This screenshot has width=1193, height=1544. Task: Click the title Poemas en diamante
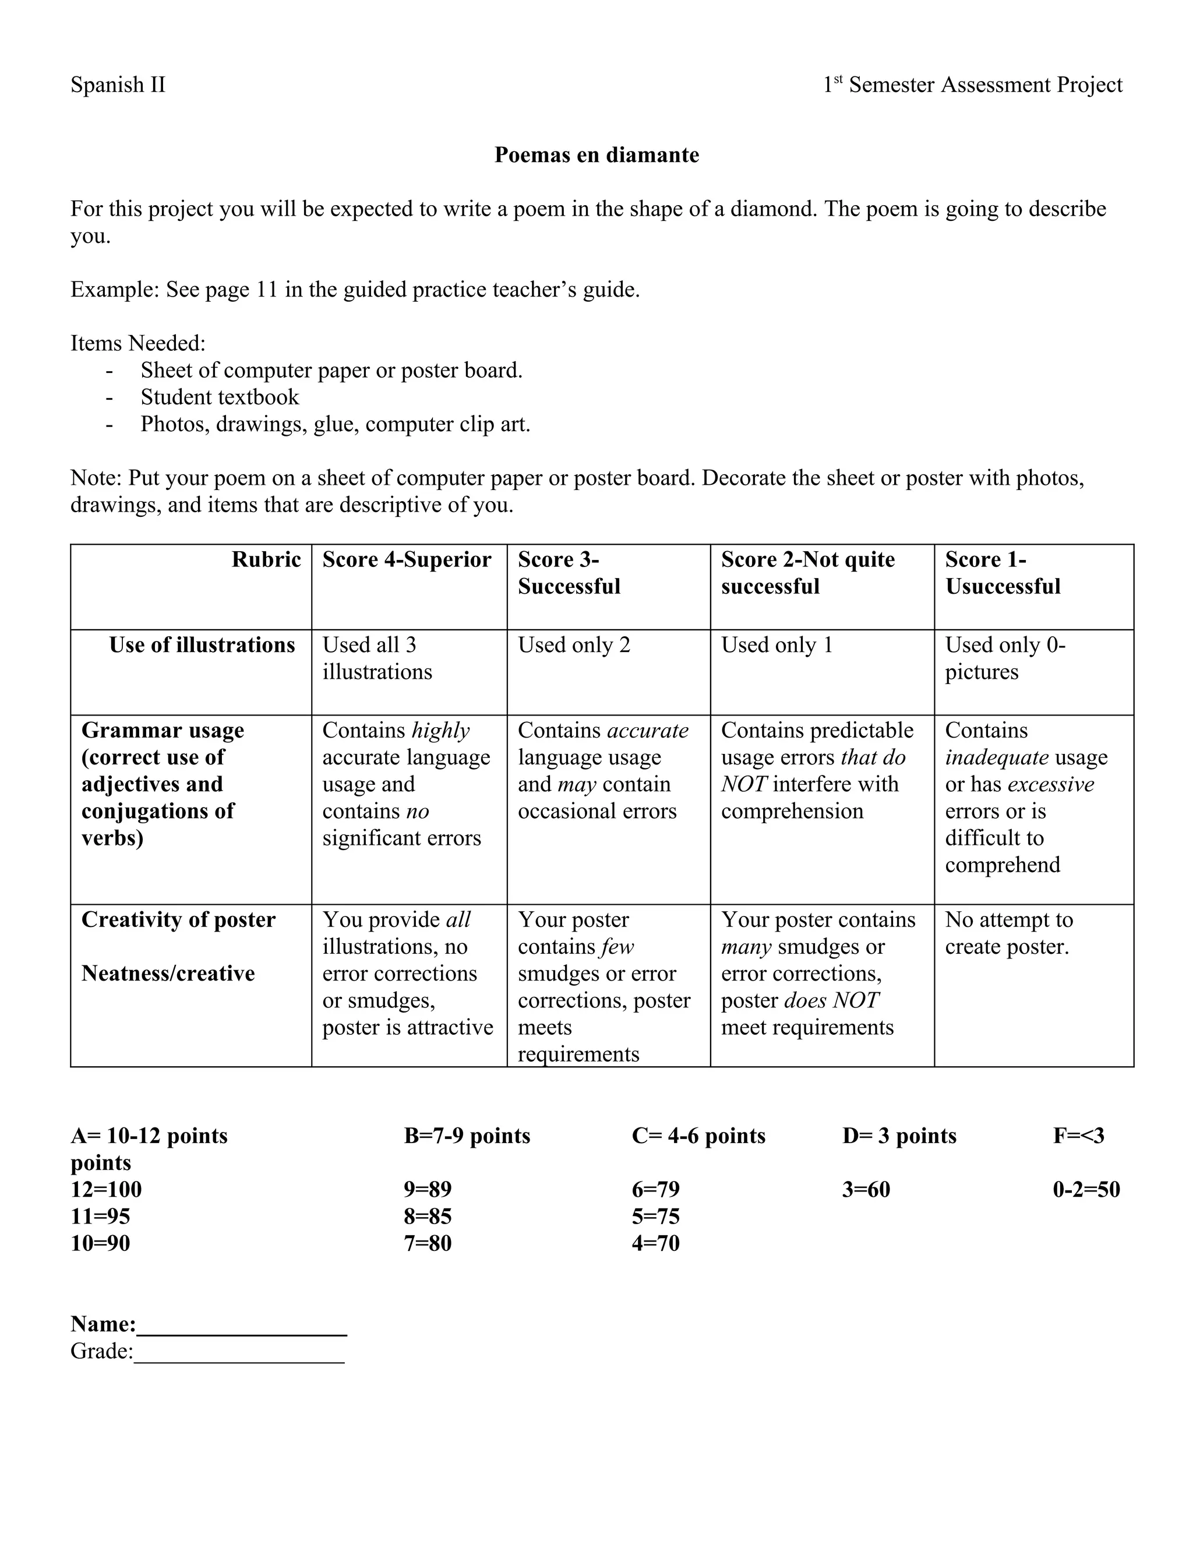click(596, 155)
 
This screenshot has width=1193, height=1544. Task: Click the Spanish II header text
click(118, 85)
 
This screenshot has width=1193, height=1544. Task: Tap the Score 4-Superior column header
click(407, 559)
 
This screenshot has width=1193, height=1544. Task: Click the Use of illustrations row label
click(202, 645)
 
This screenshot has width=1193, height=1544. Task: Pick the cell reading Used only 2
click(574, 645)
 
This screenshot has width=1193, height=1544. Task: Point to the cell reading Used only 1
click(776, 645)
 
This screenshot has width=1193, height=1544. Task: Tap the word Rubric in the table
click(266, 559)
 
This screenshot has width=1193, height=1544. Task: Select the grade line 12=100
click(106, 1189)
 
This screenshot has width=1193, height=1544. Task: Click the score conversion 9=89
click(428, 1189)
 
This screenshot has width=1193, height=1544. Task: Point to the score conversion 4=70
click(655, 1243)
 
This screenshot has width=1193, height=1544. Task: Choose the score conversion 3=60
click(866, 1189)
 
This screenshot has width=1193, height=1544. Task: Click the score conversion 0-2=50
click(1086, 1189)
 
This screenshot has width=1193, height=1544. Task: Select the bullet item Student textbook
click(220, 397)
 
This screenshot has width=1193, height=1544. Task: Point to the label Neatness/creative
click(168, 973)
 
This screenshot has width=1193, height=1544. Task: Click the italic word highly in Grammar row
click(440, 730)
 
